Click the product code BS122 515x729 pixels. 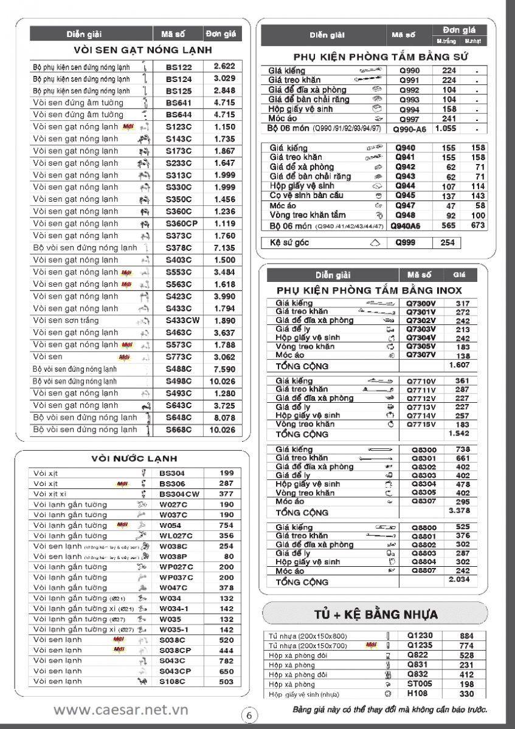coord(179,67)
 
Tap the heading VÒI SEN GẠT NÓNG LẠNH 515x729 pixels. coord(143,50)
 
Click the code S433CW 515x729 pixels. coord(182,321)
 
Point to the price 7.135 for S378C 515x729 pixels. coord(224,248)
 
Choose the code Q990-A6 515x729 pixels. coord(409,129)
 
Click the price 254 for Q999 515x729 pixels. coord(447,243)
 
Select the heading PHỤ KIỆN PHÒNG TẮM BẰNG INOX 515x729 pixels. coord(369,290)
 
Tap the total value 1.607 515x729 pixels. coord(458,365)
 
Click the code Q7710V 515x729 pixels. coord(421,381)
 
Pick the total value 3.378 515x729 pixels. coord(458,511)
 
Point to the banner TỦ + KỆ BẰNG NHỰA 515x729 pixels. coord(375,614)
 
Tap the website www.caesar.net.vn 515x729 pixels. coord(120,710)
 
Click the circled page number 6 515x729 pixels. coord(249,715)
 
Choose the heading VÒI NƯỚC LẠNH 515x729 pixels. coord(134,458)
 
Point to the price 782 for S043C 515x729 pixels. coord(226,661)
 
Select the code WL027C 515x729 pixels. coord(176,536)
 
